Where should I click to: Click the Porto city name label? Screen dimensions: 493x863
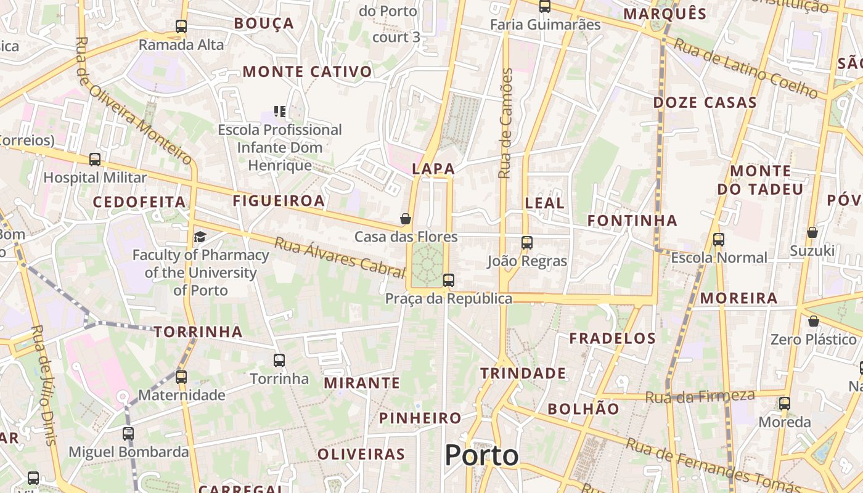(x=481, y=455)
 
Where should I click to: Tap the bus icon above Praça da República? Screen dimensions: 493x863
(x=449, y=280)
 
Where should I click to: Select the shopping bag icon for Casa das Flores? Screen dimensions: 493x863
(x=406, y=219)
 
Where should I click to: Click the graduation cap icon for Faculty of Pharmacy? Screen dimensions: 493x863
(x=200, y=237)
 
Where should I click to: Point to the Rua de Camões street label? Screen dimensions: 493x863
(x=505, y=123)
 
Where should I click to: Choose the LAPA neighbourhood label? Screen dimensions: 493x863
(x=433, y=169)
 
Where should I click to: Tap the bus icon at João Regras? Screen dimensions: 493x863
(x=526, y=243)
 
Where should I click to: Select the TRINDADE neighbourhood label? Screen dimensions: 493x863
(x=523, y=373)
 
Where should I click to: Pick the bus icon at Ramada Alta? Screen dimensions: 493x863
(x=181, y=26)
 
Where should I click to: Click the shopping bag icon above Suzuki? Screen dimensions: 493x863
(x=812, y=232)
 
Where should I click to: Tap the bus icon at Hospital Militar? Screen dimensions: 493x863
(x=95, y=160)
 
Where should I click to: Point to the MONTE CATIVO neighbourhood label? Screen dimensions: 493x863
(x=308, y=71)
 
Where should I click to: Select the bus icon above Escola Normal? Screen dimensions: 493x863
(x=718, y=240)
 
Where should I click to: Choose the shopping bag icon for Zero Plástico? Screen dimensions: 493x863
(x=814, y=321)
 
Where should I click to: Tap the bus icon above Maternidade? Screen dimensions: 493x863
(x=181, y=377)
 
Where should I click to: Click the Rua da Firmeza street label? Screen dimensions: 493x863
(x=700, y=396)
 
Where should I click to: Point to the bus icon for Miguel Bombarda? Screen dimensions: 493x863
(x=128, y=433)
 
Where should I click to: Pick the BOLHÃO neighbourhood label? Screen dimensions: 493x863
(x=583, y=409)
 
